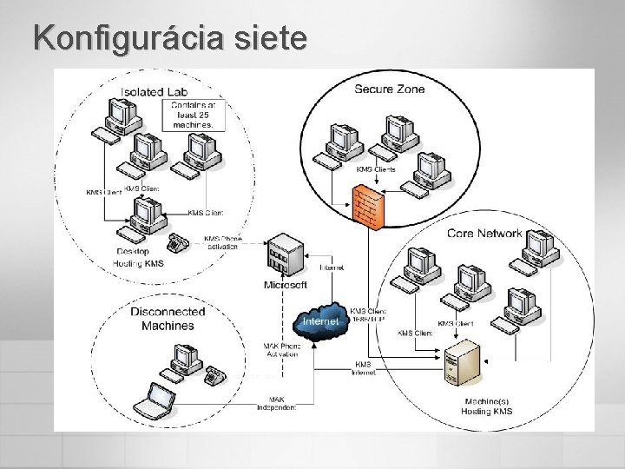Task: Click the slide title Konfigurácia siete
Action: point(170,37)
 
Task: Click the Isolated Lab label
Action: point(154,90)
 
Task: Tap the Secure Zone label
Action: point(389,89)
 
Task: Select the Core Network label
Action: point(484,233)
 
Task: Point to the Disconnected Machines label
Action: point(168,319)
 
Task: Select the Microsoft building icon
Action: point(285,254)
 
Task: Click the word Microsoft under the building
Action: point(285,285)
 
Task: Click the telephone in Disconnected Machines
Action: point(214,376)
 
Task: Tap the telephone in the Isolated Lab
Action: point(180,242)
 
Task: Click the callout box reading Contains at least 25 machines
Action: point(194,115)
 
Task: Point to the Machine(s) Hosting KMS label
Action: point(488,406)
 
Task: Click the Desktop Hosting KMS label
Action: point(139,256)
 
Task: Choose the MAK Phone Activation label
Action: point(282,350)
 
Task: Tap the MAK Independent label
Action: point(277,403)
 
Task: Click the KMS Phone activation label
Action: point(223,242)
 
